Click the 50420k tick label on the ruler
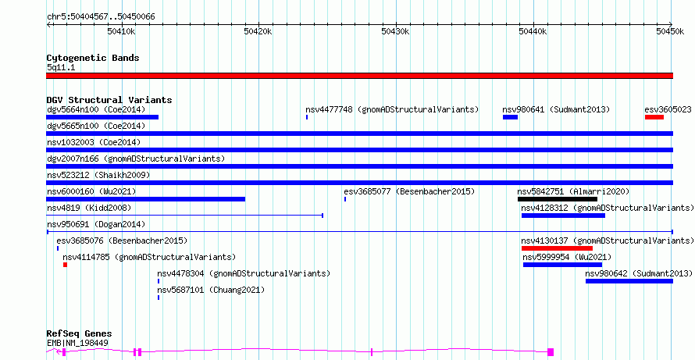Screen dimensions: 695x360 (258, 31)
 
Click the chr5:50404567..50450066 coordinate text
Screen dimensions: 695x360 (101, 17)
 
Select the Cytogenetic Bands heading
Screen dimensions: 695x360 (93, 58)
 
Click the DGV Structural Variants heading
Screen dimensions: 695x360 (109, 100)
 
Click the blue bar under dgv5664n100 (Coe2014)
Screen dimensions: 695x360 (102, 117)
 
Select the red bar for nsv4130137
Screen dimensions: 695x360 (557, 248)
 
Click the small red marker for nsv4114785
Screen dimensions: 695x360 (65, 265)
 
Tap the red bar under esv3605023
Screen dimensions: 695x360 (654, 117)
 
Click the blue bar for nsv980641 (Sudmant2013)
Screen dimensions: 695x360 (510, 117)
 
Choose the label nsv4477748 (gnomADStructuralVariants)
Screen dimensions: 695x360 (392, 109)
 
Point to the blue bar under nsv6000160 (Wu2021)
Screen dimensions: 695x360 (146, 199)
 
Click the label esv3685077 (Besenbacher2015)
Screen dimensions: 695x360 (409, 191)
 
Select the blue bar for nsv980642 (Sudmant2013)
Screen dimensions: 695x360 (629, 281)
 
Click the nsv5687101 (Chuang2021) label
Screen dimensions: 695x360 (211, 290)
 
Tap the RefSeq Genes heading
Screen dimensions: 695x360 (80, 334)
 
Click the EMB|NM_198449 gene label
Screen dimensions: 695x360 (77, 343)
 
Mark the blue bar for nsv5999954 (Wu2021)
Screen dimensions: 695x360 (562, 265)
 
